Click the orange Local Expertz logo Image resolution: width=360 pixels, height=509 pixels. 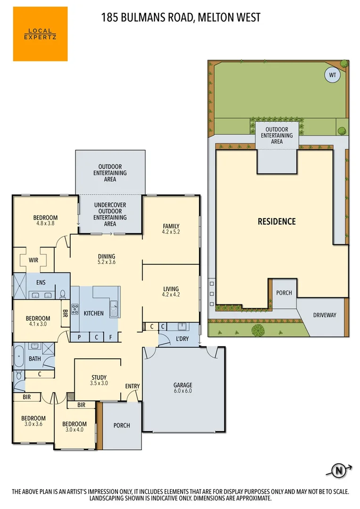point(41,34)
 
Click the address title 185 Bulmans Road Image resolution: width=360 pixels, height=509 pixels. point(180,18)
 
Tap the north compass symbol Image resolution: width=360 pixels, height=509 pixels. point(338,470)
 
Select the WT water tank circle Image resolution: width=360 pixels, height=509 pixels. point(332,74)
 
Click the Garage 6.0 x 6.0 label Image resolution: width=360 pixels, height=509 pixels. point(183,388)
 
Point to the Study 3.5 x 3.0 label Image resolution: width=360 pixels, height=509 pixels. point(99,380)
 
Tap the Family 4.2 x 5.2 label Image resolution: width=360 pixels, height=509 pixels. point(171,229)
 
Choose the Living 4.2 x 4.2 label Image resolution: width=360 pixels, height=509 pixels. point(171,292)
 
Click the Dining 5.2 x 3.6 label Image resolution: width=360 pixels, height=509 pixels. point(106,259)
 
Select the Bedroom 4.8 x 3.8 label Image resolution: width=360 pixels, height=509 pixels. point(45,220)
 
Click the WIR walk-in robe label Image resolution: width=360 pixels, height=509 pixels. point(33,260)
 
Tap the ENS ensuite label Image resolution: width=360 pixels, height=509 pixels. point(41,283)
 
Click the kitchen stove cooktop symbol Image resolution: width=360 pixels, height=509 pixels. point(74,310)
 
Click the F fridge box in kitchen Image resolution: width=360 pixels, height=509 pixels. point(110,337)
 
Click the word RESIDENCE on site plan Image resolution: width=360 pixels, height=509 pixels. point(276,221)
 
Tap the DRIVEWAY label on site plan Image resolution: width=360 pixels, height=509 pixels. point(325,315)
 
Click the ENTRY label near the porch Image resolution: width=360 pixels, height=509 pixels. point(132,386)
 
